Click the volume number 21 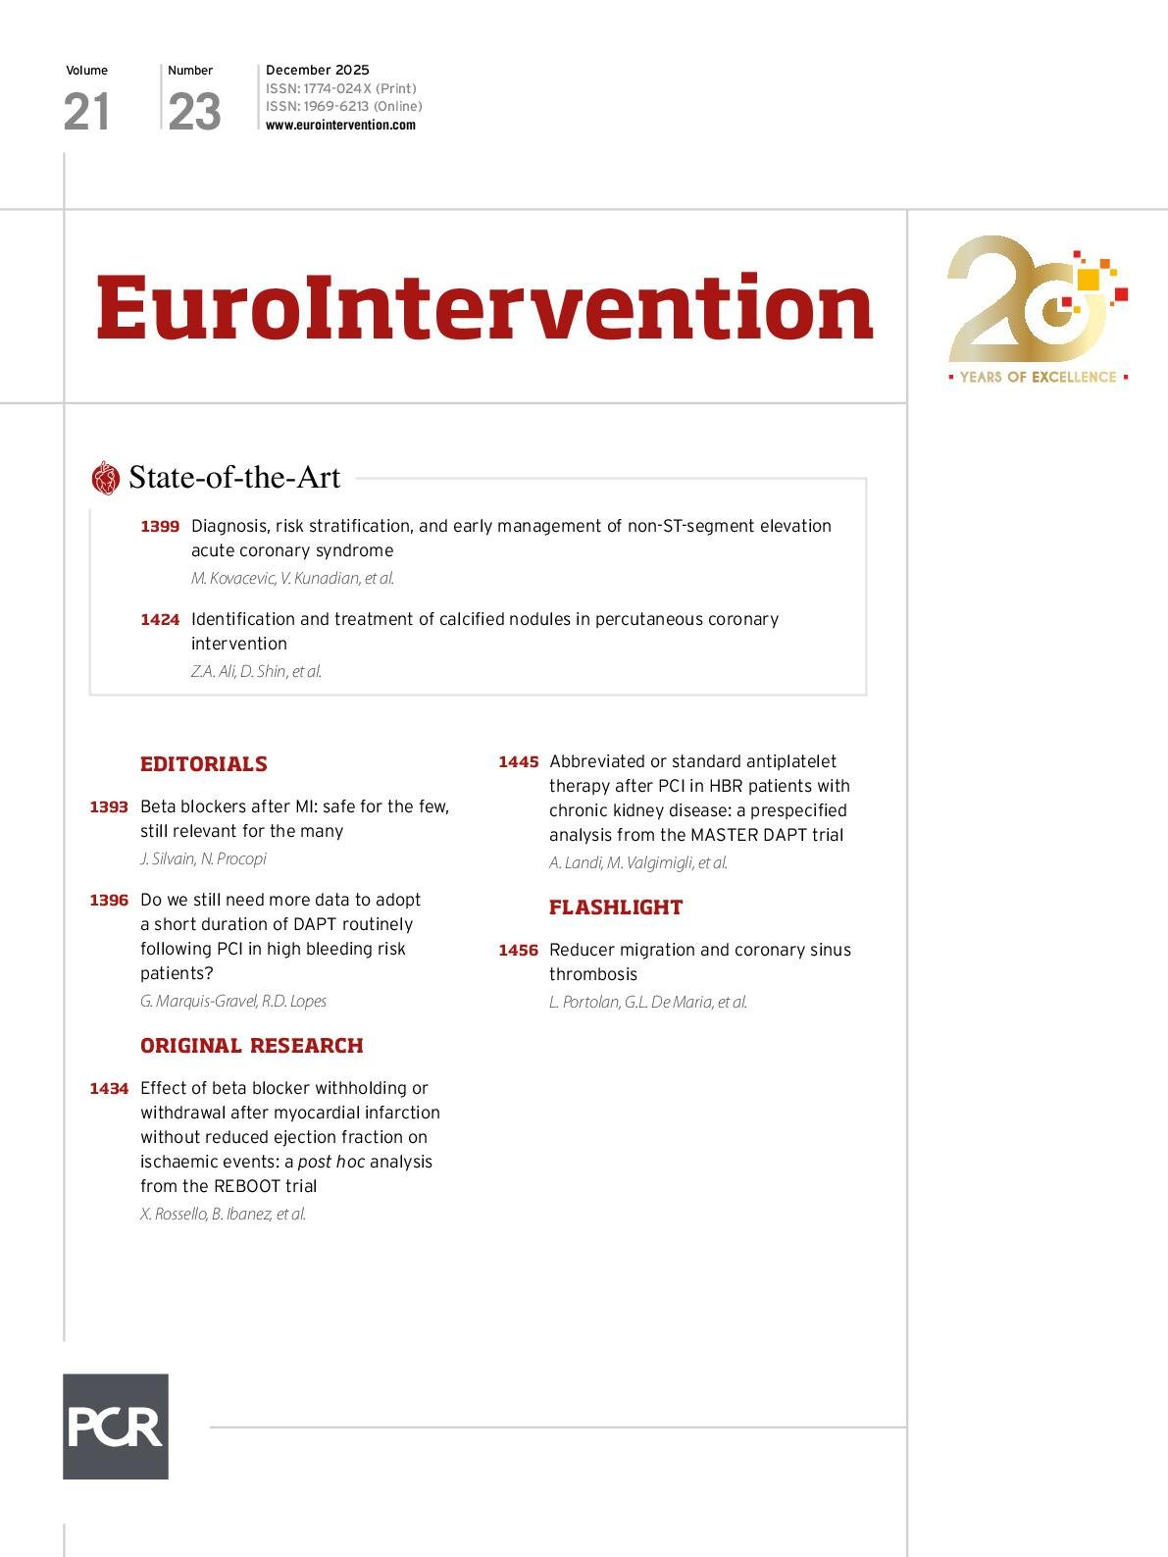click(x=86, y=112)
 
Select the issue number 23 click(x=194, y=112)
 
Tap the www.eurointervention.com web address click(x=340, y=125)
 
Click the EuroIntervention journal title click(x=484, y=307)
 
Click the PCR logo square click(x=116, y=1426)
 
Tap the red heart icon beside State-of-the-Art click(x=105, y=478)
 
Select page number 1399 click(x=160, y=527)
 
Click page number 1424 click(x=160, y=620)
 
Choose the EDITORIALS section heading click(x=204, y=764)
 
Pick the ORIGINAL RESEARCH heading click(x=252, y=1046)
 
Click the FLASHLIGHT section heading click(x=616, y=908)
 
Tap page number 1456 click(x=518, y=951)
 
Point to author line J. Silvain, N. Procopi click(x=203, y=858)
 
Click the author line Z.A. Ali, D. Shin click(x=256, y=671)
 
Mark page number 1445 click(x=518, y=762)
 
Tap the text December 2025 click(x=318, y=70)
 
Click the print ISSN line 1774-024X click(x=340, y=88)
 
